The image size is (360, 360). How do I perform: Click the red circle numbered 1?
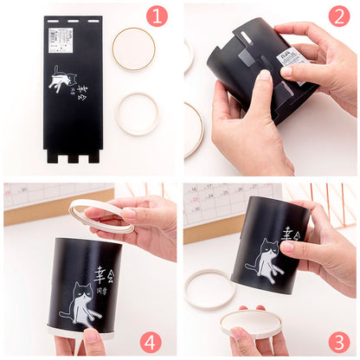(x=156, y=16)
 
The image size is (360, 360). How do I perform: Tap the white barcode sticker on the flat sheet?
(x=61, y=36)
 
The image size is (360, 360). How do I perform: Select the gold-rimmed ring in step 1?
(x=134, y=48)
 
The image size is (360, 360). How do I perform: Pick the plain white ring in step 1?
(x=138, y=114)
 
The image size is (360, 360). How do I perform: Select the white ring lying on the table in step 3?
(x=208, y=287)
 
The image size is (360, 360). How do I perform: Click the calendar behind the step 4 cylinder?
(x=35, y=194)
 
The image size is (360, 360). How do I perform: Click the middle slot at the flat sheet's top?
(x=74, y=19)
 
